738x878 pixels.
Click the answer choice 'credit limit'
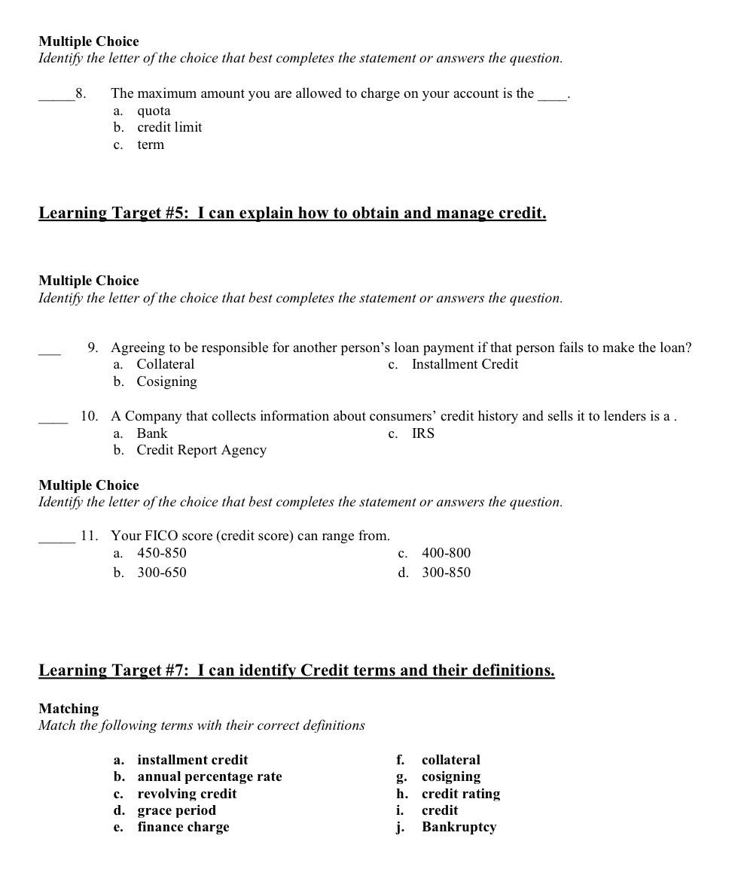(x=169, y=127)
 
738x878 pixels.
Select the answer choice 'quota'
(x=154, y=111)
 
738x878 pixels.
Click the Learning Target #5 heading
(x=292, y=213)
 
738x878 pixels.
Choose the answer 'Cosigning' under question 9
(x=166, y=381)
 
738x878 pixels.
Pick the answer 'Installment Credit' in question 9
(x=465, y=364)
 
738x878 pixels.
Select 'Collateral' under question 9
(x=165, y=364)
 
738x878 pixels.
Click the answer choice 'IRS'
(x=422, y=433)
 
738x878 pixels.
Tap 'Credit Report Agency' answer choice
(x=201, y=450)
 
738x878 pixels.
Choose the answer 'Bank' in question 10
(x=152, y=433)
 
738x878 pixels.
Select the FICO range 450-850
(x=161, y=553)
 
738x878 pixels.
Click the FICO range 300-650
(x=161, y=573)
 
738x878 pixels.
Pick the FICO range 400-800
(x=446, y=553)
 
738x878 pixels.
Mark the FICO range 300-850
(x=446, y=573)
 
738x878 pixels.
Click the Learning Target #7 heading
(x=297, y=670)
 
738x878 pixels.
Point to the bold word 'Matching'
(x=69, y=709)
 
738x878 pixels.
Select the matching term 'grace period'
(x=176, y=810)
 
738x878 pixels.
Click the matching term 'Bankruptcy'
(x=459, y=827)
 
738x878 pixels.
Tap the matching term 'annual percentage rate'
(x=209, y=776)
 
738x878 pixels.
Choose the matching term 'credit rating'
(x=460, y=794)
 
